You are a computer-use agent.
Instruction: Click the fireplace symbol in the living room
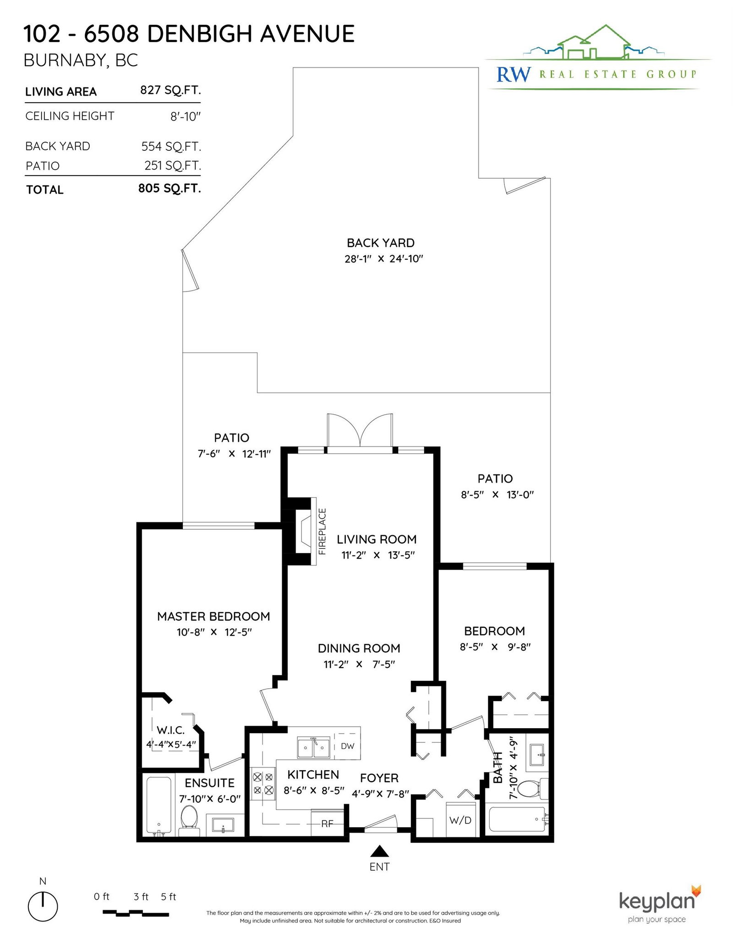coord(304,531)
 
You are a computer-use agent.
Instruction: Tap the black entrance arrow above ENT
coord(379,851)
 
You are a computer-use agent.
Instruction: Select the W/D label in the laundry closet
coord(460,820)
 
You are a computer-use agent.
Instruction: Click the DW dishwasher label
coord(348,746)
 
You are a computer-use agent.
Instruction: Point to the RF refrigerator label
coord(327,824)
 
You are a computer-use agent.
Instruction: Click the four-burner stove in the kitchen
coord(263,783)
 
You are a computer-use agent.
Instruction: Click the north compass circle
coord(43,906)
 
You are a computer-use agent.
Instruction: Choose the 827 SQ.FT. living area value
coord(170,90)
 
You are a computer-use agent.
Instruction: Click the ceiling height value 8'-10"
coord(186,116)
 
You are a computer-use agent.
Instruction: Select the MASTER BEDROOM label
coord(213,616)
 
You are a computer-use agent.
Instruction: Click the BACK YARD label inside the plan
coord(381,243)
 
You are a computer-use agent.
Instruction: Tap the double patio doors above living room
coord(360,432)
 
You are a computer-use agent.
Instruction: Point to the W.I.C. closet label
coord(170,730)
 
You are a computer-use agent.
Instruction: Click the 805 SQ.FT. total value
coord(170,188)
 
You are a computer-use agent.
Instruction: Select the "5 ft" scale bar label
coord(169,897)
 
